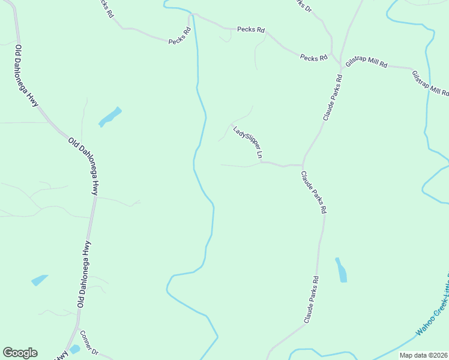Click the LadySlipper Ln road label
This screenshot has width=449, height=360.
tap(248, 142)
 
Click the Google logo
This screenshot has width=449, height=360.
tap(20, 353)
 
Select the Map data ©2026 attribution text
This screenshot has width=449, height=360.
tap(423, 355)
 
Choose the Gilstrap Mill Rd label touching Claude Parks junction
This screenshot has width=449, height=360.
tap(366, 64)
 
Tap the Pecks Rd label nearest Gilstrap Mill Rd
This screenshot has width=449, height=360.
tap(313, 58)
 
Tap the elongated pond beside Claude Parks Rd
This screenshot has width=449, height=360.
tap(341, 271)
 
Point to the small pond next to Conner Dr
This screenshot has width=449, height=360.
tap(74, 349)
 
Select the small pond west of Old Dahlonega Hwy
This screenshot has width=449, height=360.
tap(39, 280)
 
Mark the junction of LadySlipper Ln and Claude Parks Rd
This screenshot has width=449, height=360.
tap(302, 164)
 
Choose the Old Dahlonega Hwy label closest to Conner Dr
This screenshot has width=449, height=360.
tap(84, 274)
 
